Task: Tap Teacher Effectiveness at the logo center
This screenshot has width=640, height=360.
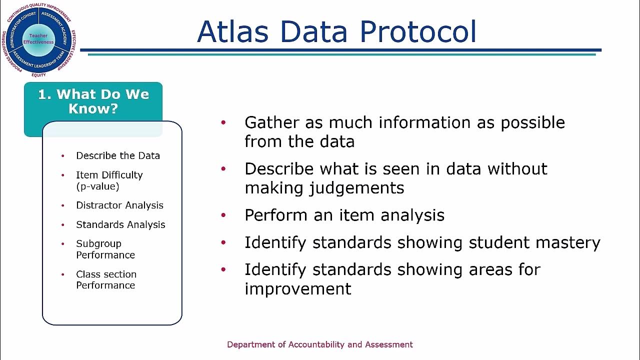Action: click(38, 39)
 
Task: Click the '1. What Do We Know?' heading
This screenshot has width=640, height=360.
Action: click(93, 101)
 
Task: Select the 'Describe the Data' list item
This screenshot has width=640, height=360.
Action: click(118, 155)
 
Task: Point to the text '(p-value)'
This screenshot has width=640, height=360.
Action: click(97, 186)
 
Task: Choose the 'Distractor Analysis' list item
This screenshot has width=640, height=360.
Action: click(119, 205)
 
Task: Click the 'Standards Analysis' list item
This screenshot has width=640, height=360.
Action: click(120, 224)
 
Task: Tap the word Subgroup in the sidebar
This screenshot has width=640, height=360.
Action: click(98, 243)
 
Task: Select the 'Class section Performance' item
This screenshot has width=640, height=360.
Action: click(106, 279)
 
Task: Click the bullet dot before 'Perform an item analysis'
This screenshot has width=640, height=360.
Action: click(223, 215)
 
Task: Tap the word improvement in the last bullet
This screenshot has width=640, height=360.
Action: click(297, 288)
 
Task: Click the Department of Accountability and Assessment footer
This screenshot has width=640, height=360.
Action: click(320, 344)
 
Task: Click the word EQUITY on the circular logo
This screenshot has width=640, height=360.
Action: click(38, 75)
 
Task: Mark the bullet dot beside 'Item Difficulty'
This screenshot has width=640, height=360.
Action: click(63, 175)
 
